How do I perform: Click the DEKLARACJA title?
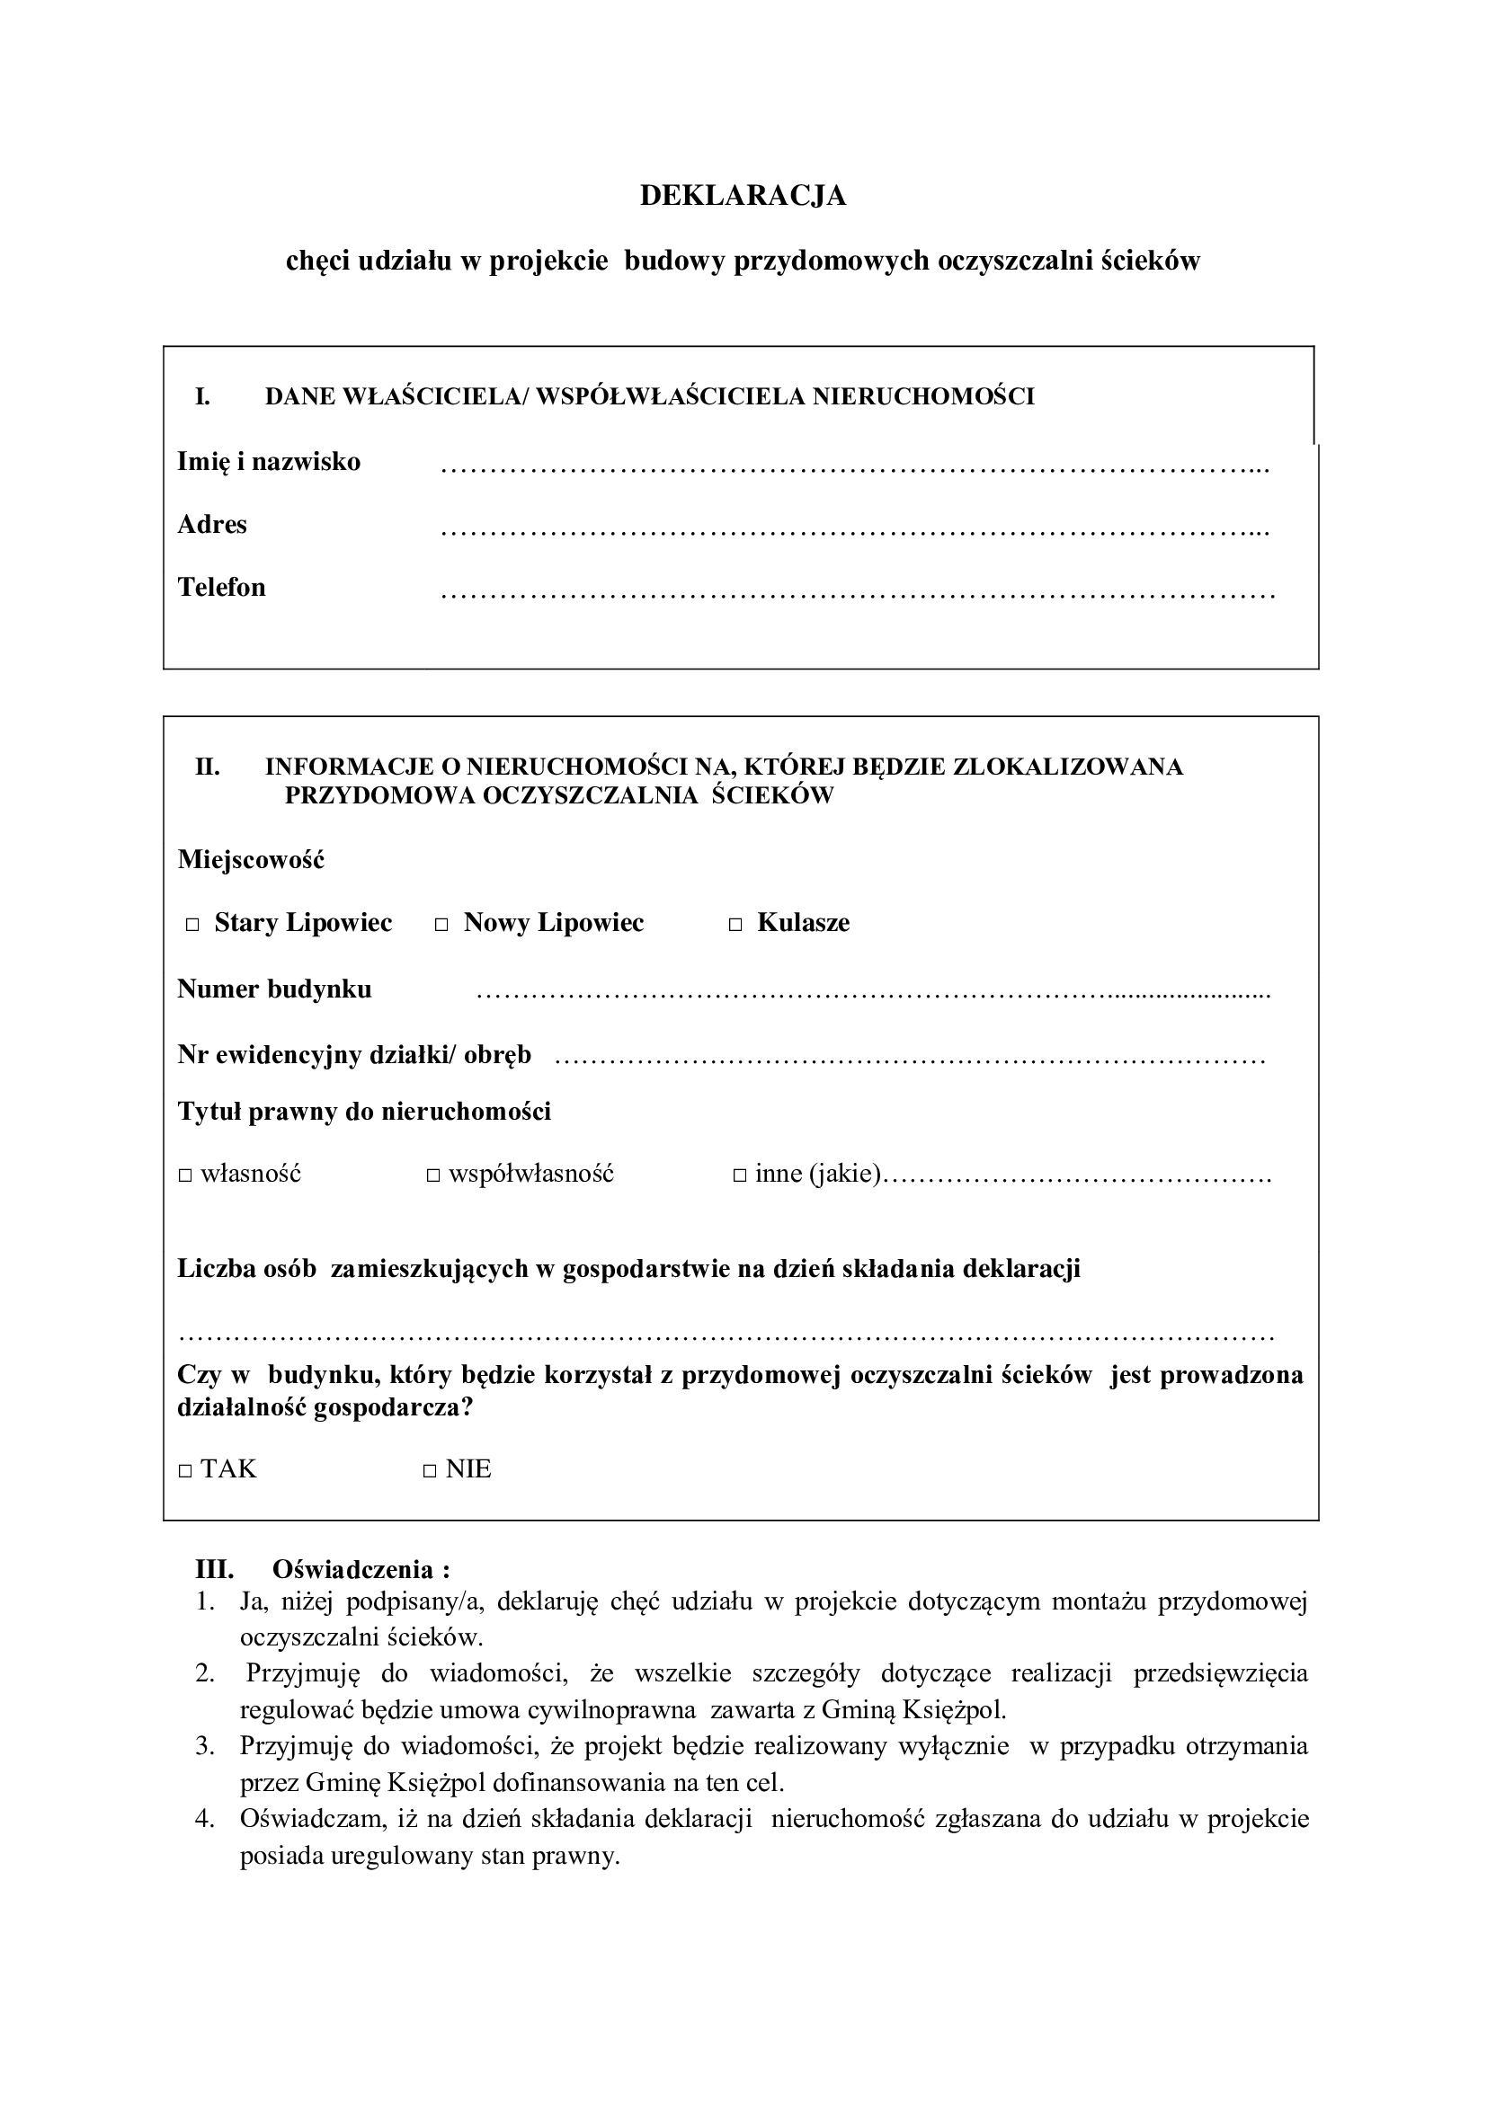(x=743, y=196)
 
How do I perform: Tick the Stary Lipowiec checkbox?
(x=192, y=926)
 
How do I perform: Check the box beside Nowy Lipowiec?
(x=441, y=926)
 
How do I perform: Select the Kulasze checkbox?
(x=735, y=926)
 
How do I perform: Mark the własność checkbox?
(x=185, y=1175)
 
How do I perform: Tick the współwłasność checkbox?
(x=433, y=1175)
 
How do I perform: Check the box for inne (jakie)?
(x=740, y=1175)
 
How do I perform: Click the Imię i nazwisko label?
(x=268, y=461)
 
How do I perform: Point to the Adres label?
(x=211, y=525)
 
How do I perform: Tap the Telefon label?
(x=221, y=587)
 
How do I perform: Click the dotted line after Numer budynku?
(x=874, y=994)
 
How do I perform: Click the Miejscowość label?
(x=251, y=860)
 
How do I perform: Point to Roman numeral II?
(x=207, y=767)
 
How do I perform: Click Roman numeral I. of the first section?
(x=202, y=396)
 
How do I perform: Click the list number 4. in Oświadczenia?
(x=204, y=1818)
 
